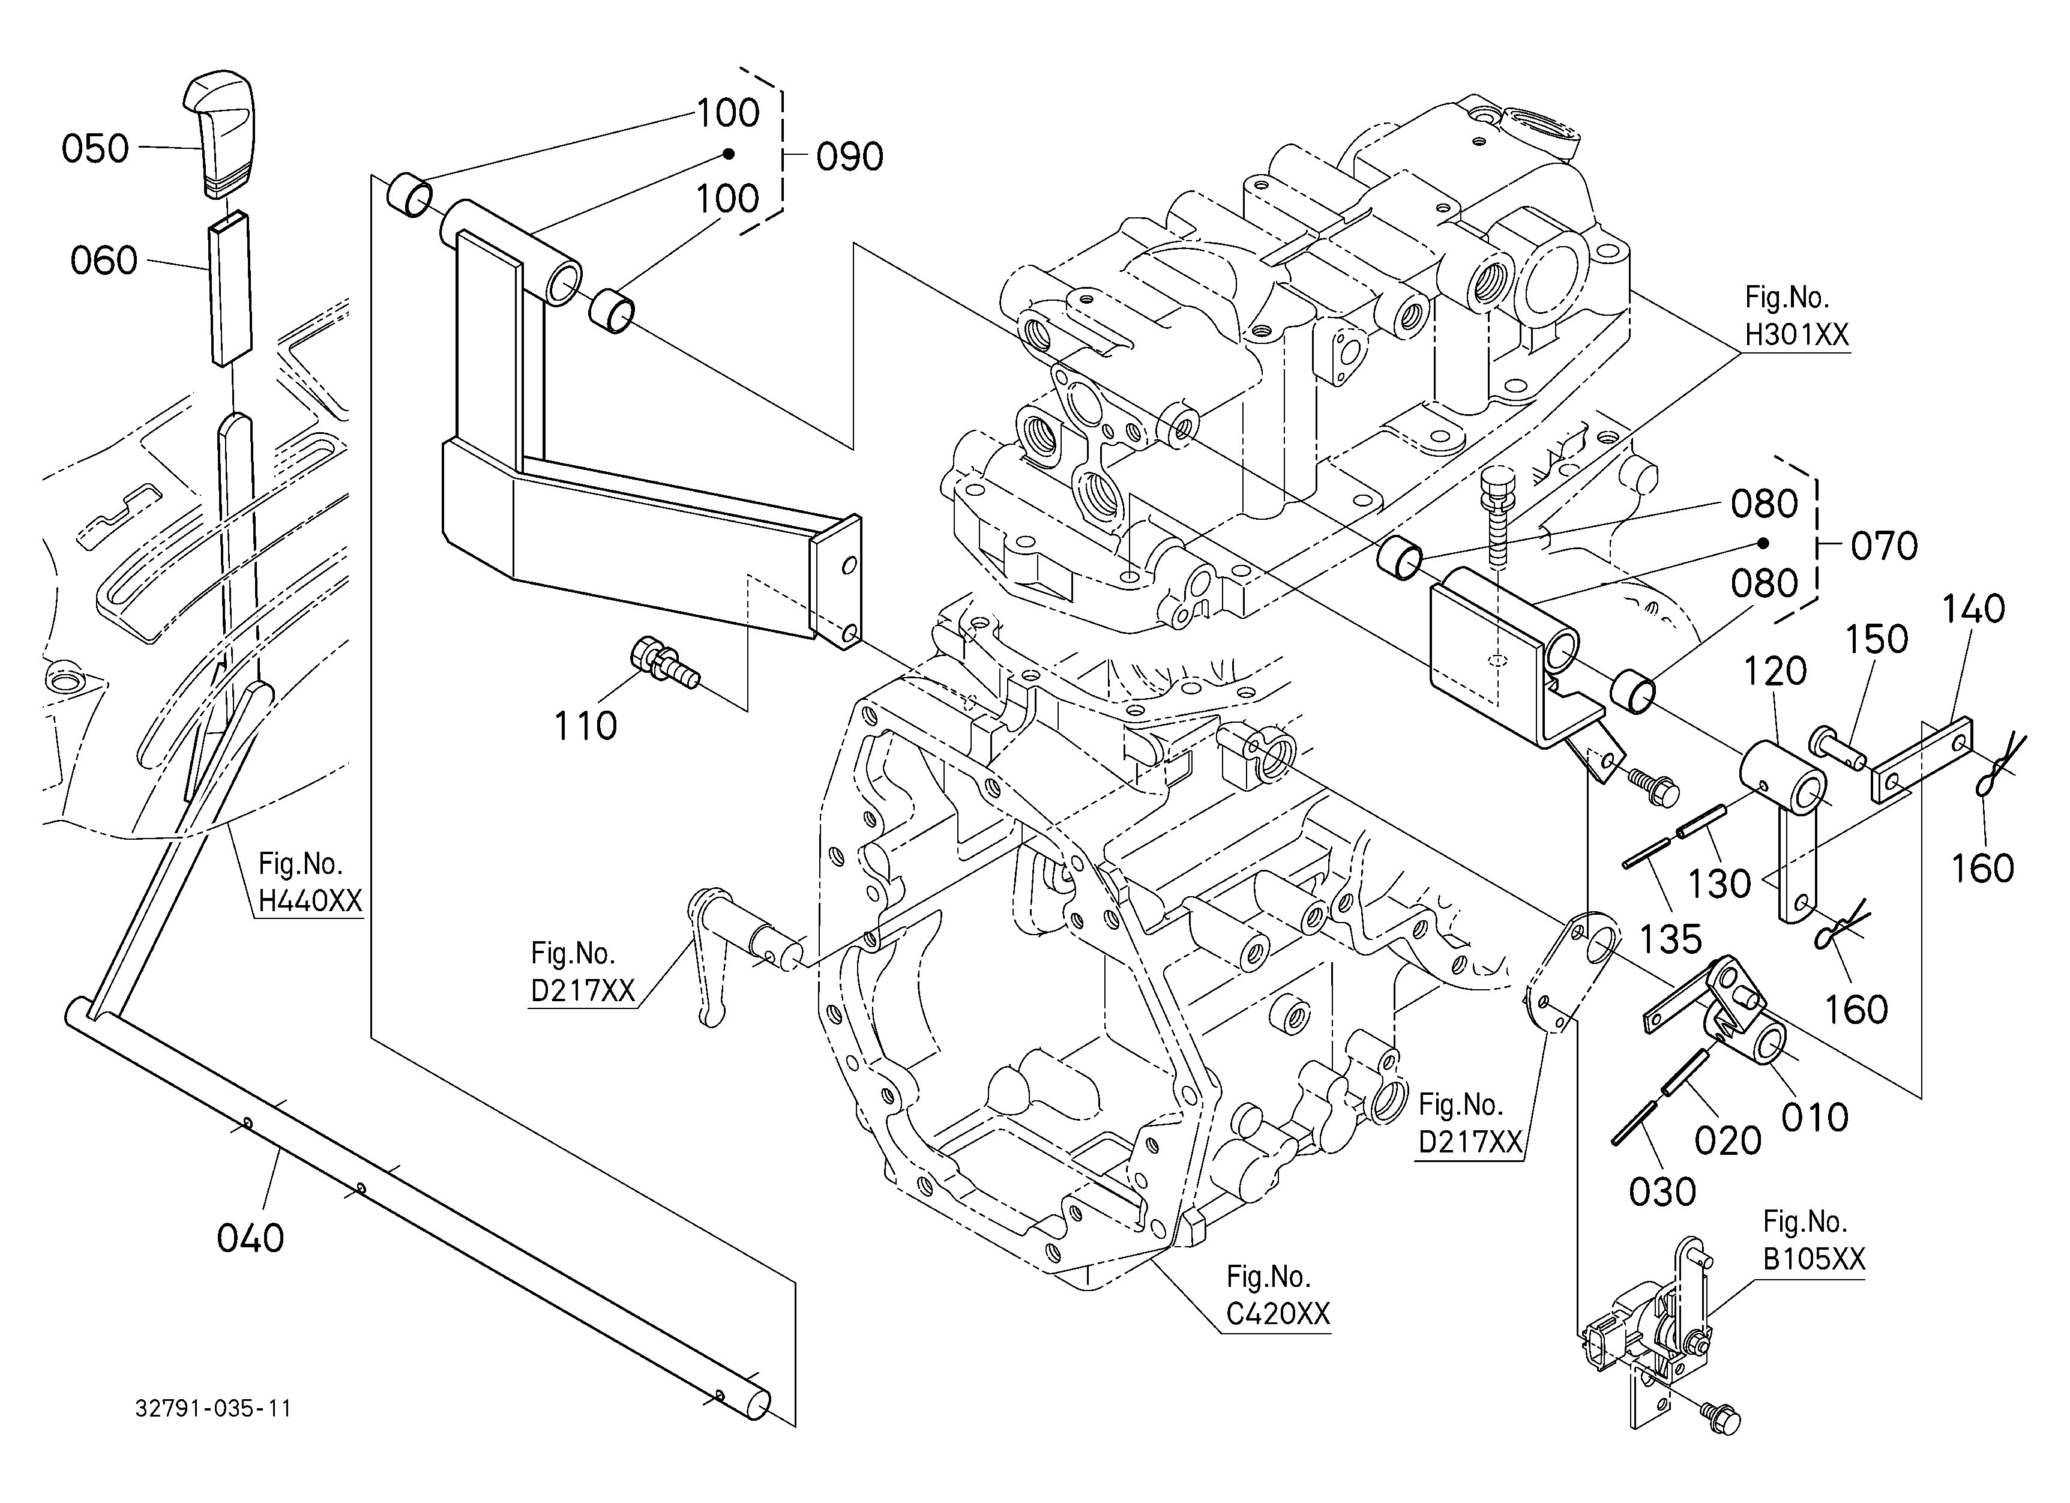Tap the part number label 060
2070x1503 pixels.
(104, 261)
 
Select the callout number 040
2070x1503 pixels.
(250, 1238)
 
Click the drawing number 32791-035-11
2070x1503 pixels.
(214, 1408)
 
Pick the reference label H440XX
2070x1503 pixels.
(310, 901)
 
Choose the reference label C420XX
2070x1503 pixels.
(1278, 1314)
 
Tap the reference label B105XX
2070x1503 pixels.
(1814, 1259)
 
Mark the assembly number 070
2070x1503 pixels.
(1885, 547)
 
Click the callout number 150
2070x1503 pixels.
(1877, 640)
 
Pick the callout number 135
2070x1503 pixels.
(1671, 939)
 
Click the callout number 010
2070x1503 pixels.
(1816, 1117)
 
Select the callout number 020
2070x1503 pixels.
(1728, 1140)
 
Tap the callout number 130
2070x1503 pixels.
(1719, 884)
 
